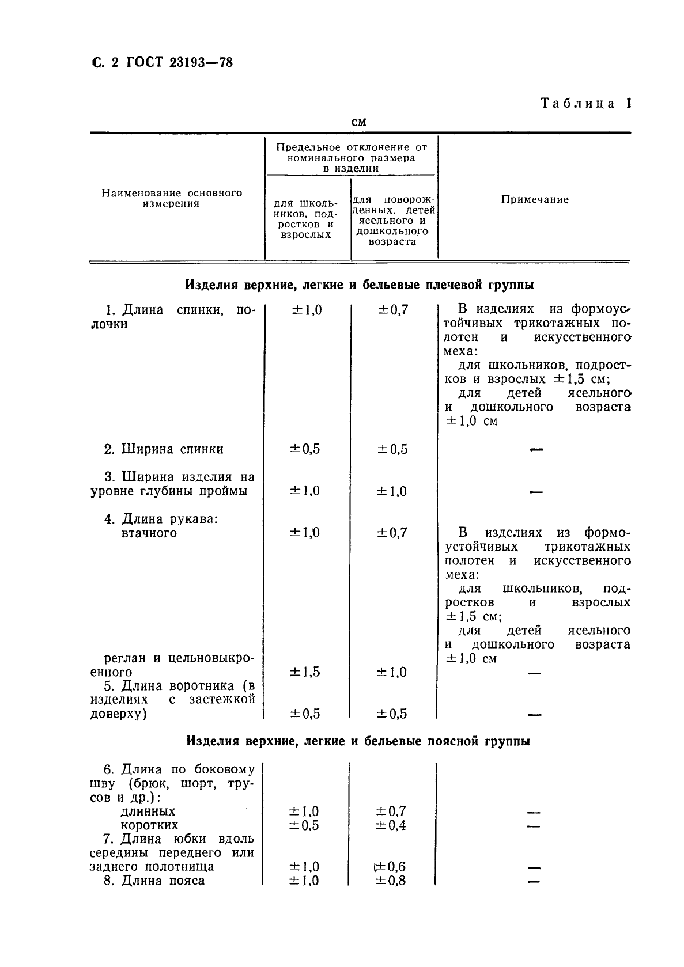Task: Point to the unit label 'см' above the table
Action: point(358,122)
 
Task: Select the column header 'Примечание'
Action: point(535,199)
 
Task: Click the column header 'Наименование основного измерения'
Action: point(172,198)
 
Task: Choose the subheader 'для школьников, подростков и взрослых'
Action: point(306,219)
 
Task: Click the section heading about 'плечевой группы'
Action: point(359,285)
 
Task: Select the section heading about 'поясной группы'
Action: point(358,741)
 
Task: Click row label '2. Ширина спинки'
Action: point(164,449)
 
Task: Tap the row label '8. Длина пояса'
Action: point(154,881)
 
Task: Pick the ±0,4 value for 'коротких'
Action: point(391,825)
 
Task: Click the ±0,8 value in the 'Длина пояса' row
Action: point(391,881)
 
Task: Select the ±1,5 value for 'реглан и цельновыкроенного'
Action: point(305,672)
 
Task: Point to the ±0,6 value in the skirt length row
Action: point(391,867)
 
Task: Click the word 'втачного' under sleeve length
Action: point(149,533)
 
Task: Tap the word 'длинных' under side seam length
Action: point(148,811)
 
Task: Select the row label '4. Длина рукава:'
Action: point(161,519)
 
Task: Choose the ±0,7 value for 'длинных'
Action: point(391,811)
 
